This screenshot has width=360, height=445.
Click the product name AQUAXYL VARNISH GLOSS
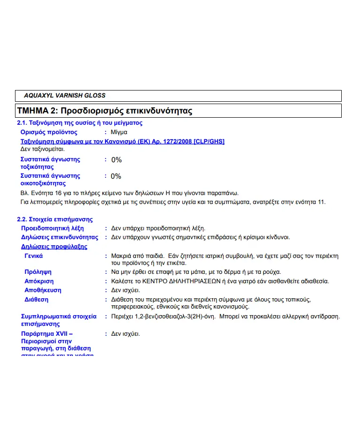click(x=65, y=96)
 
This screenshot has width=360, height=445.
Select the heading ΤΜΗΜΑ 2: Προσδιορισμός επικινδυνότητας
click(x=105, y=111)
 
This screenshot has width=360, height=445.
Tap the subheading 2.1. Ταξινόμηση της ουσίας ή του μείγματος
click(x=80, y=123)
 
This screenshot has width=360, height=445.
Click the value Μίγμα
click(x=119, y=132)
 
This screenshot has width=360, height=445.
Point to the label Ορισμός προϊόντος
click(x=49, y=132)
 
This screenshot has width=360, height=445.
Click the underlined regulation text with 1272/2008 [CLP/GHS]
click(x=122, y=141)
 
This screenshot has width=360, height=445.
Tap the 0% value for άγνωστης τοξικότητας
click(x=116, y=160)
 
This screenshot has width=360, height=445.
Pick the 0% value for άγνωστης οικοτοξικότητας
click(x=116, y=176)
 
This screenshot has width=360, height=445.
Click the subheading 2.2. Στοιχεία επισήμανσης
click(x=55, y=219)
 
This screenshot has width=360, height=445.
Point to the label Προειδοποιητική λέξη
click(x=52, y=228)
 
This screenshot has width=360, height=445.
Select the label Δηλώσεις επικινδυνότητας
click(x=60, y=237)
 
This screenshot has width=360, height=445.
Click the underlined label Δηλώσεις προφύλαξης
click(x=54, y=247)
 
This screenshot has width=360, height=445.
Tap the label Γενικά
click(x=34, y=256)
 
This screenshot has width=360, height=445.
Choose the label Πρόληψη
click(x=38, y=272)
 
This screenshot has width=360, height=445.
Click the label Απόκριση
click(x=39, y=281)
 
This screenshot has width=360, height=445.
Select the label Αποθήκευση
click(x=43, y=290)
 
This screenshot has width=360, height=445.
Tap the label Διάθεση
click(x=36, y=300)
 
